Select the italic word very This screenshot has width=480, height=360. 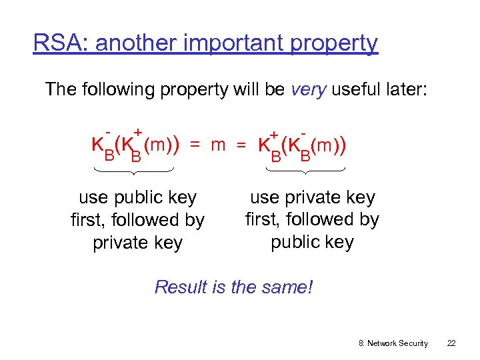(x=308, y=89)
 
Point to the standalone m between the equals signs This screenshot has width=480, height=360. (x=217, y=145)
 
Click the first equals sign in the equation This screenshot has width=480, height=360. (x=194, y=145)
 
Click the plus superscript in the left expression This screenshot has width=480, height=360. (x=138, y=132)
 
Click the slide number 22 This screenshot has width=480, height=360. (x=451, y=343)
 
